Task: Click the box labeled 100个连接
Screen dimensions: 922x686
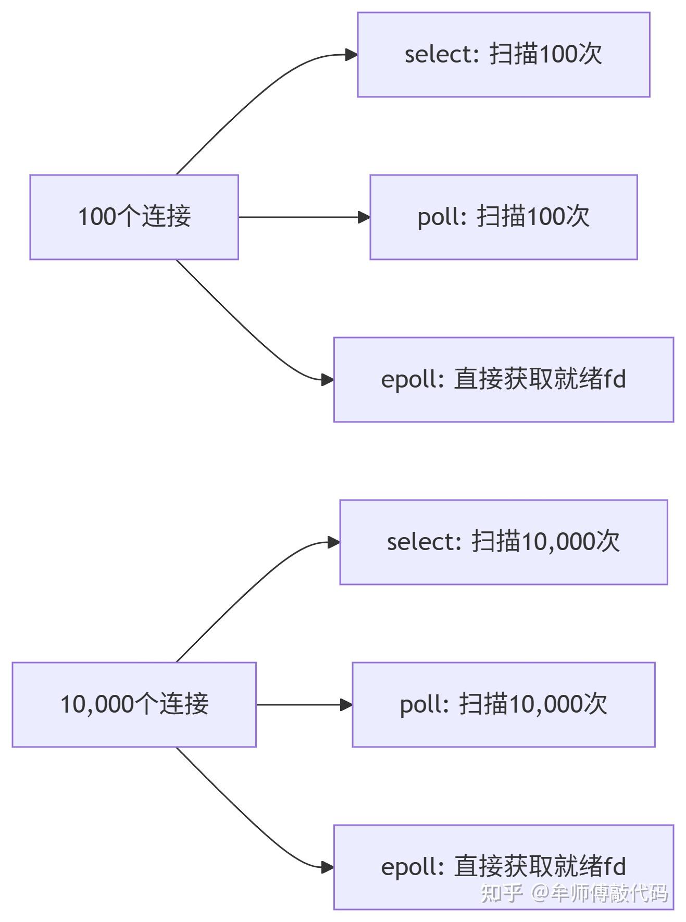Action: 134,217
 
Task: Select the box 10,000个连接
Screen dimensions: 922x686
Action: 134,704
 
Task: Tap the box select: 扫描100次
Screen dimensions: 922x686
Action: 503,55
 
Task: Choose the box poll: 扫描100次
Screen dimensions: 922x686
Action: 503,217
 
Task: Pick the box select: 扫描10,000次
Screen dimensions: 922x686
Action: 503,542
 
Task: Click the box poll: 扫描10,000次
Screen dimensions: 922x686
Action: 503,704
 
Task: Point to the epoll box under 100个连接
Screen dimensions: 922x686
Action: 503,379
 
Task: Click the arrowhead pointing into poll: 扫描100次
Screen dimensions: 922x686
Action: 364,217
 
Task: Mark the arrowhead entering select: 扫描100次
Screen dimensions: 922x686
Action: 351,55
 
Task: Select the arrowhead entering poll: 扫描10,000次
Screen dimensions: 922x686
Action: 346,705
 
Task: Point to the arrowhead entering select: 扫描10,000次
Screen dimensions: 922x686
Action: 333,542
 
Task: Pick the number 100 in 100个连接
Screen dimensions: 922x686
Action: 96,217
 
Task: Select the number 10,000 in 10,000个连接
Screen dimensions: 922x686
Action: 97,704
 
